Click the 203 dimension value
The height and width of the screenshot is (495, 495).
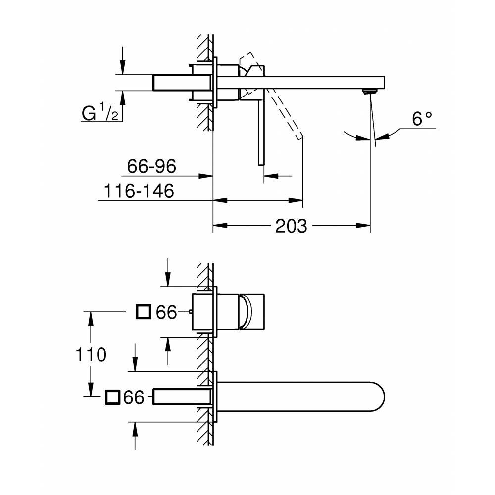(x=291, y=226)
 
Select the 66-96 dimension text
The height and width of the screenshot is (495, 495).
(x=151, y=167)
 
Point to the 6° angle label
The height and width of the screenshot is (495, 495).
(x=422, y=118)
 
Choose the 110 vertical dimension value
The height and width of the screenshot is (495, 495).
(x=91, y=354)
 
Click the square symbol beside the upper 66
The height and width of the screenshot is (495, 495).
(x=144, y=312)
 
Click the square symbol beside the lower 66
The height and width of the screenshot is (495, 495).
(x=112, y=397)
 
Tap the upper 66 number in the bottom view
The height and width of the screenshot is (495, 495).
(x=166, y=312)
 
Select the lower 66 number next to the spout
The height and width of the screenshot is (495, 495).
(x=134, y=397)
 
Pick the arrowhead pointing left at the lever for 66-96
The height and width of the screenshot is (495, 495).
(x=270, y=175)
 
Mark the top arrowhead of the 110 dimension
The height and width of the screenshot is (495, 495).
(x=90, y=317)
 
